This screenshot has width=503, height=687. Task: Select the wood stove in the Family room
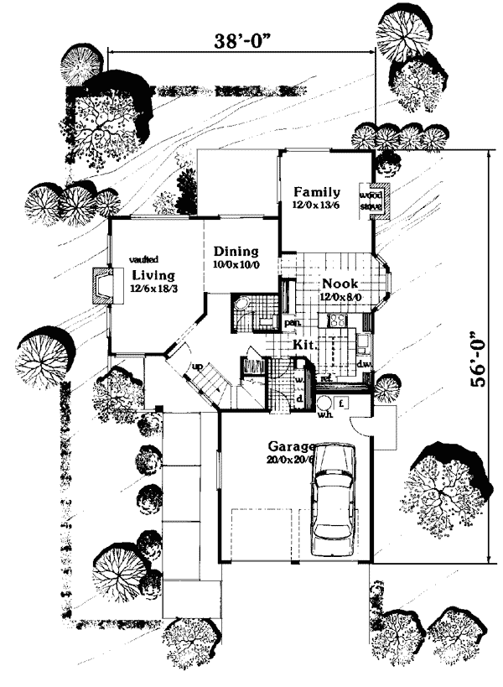[371, 199]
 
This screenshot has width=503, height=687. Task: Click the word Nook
[340, 283]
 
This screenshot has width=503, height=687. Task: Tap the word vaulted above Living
[145, 260]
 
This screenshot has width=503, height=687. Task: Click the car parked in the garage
[332, 496]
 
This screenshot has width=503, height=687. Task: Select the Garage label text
[290, 445]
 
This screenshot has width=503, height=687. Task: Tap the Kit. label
[303, 345]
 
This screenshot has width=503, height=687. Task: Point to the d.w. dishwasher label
[364, 364]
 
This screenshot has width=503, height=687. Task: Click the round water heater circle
[324, 403]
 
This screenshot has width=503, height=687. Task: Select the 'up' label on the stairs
[198, 367]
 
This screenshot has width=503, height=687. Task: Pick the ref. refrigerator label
[328, 379]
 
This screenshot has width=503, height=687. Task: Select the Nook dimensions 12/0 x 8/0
[340, 296]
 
